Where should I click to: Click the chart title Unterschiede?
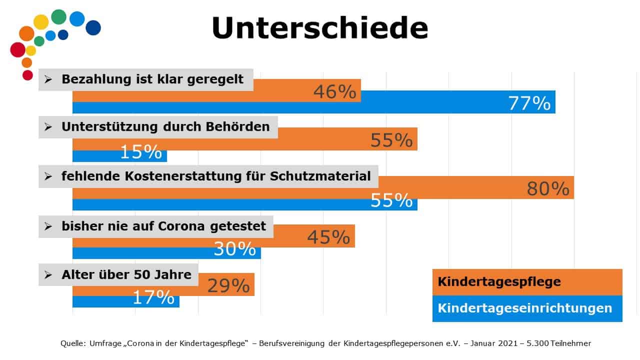(319, 28)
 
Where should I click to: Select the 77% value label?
(529, 103)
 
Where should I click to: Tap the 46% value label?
(335, 92)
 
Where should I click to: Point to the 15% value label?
(140, 152)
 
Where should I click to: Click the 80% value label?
(548, 189)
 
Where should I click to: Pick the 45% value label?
(328, 237)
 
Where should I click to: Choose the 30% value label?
(234, 249)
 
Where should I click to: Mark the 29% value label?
(228, 285)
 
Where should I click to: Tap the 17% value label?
(153, 297)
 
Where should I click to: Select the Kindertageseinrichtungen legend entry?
(524, 308)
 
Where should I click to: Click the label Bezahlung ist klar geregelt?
(152, 79)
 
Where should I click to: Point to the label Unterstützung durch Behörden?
(165, 127)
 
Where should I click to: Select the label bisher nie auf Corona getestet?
(163, 226)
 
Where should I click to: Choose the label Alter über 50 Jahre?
(126, 274)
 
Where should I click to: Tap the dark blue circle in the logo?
(93, 27)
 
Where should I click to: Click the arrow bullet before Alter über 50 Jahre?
(48, 274)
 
